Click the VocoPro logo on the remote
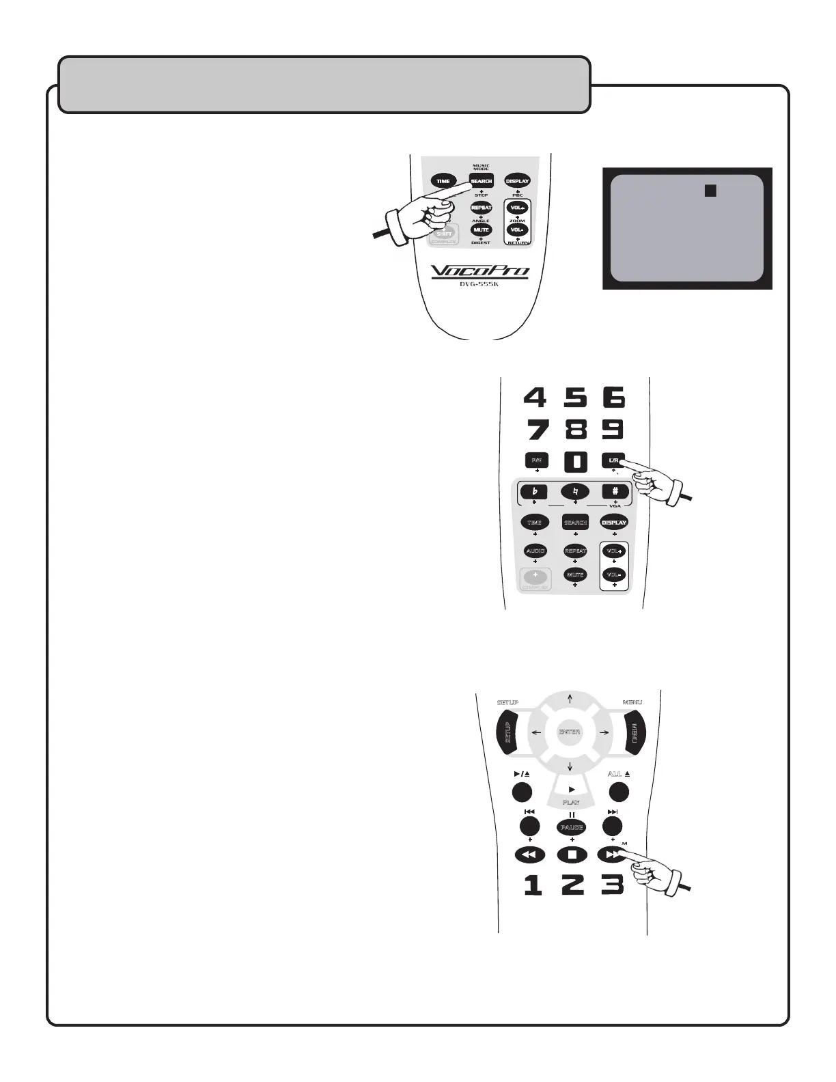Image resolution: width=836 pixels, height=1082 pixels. (480, 271)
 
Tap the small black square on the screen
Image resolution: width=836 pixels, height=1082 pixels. (710, 191)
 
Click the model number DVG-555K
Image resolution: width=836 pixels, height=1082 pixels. (480, 284)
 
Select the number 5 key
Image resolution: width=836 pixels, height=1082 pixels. (575, 397)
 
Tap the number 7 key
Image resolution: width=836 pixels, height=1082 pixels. (535, 430)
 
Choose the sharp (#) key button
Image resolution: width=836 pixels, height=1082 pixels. (615, 491)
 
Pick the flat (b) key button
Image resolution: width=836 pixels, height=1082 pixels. (534, 491)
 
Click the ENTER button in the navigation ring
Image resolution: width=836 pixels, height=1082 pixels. (570, 732)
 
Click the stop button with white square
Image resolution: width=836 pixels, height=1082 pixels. (572, 854)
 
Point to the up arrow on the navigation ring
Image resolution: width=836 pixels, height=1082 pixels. (570, 697)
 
